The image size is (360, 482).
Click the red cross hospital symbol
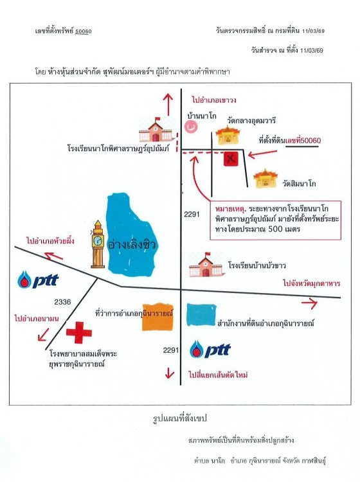click(x=79, y=332)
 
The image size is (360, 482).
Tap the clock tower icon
click(x=98, y=244)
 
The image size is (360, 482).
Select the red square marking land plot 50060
click(x=231, y=159)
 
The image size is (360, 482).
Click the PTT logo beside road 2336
click(x=38, y=279)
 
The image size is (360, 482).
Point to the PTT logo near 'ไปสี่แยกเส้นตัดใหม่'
click(x=210, y=349)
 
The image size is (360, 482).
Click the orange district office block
click(x=157, y=317)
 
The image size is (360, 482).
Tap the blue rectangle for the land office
click(x=201, y=314)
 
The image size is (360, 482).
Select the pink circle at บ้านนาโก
click(x=190, y=127)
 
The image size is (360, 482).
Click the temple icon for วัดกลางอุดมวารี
click(x=228, y=135)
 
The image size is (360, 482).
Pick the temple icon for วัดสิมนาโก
click(x=265, y=178)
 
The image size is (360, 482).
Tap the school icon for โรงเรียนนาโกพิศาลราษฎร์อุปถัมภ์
click(x=156, y=129)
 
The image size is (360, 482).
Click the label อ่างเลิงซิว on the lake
click(x=132, y=245)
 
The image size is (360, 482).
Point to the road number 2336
click(x=62, y=302)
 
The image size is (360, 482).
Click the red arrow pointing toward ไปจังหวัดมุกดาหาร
click(x=309, y=303)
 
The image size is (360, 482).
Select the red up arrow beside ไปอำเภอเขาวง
click(x=168, y=105)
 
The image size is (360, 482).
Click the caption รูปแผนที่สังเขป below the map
click(x=180, y=418)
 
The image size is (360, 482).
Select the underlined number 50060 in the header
click(x=84, y=31)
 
